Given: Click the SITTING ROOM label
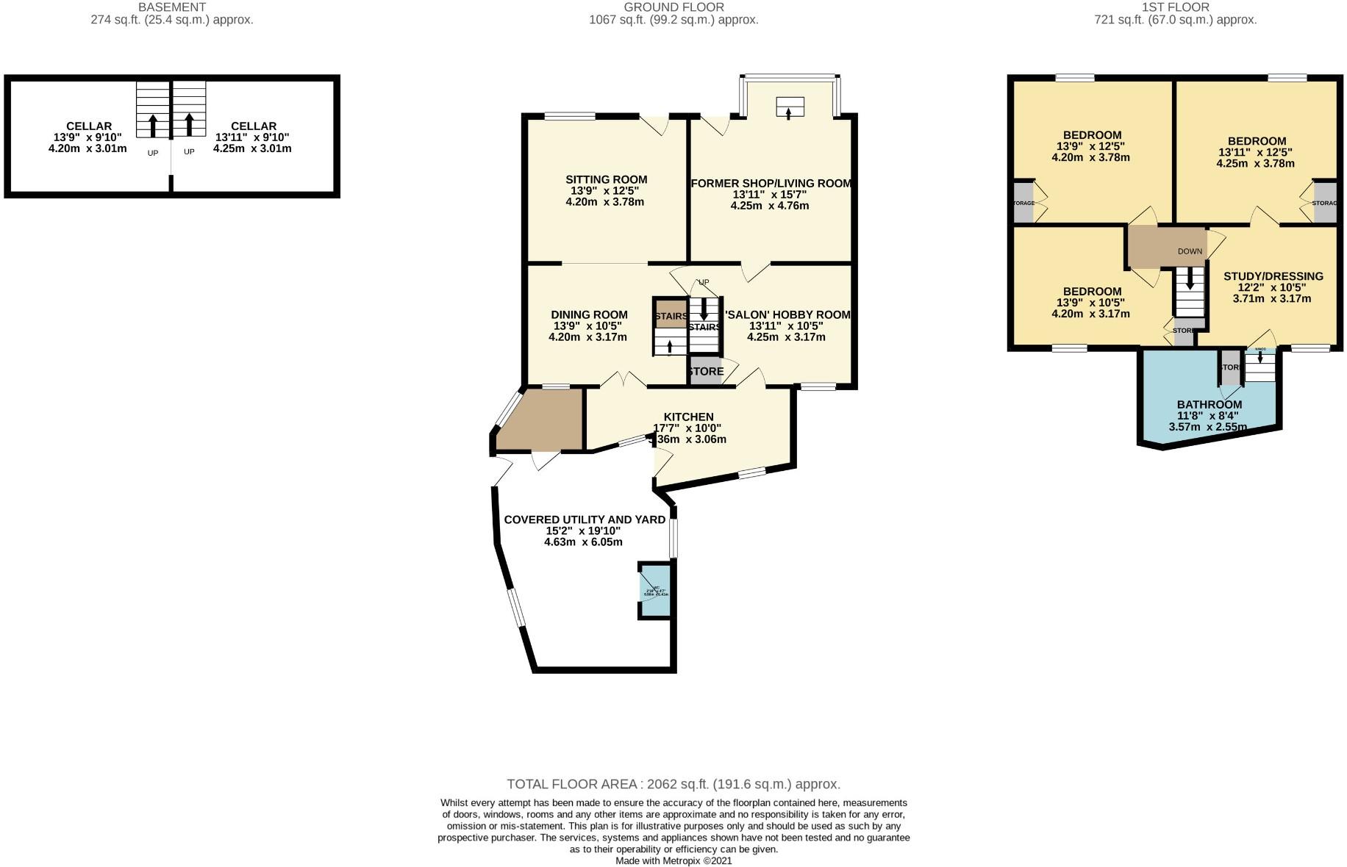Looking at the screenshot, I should tap(606, 179).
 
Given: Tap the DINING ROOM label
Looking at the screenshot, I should tap(589, 314).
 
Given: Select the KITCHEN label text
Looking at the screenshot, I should tap(688, 417).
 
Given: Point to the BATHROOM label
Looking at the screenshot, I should tap(1209, 405).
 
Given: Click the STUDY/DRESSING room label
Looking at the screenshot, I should tap(1273, 276).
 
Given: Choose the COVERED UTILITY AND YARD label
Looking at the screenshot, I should tap(584, 519).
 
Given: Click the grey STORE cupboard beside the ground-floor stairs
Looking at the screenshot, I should tap(705, 371).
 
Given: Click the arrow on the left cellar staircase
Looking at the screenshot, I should tap(153, 124).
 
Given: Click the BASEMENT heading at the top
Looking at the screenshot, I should tap(171, 7).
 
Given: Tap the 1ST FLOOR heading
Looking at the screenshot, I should tap(1175, 7).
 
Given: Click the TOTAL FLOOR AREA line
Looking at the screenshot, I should tap(673, 784).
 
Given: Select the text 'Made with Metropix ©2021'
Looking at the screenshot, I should tap(673, 860).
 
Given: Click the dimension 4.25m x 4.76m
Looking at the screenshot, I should tap(769, 206).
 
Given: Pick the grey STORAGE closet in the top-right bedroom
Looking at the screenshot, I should tap(1324, 202).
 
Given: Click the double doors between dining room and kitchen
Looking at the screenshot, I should tap(624, 381).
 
